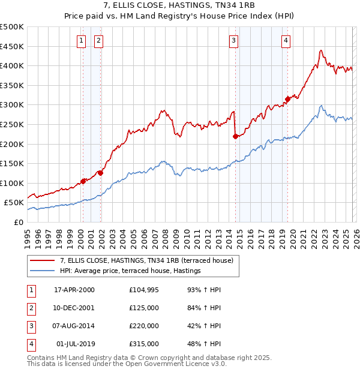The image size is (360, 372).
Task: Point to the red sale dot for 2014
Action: (235, 136)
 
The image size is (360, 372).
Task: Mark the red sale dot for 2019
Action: (287, 99)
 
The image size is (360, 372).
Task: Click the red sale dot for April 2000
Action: (83, 181)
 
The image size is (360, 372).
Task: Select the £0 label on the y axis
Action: (17, 222)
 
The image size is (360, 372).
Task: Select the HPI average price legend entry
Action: (130, 271)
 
